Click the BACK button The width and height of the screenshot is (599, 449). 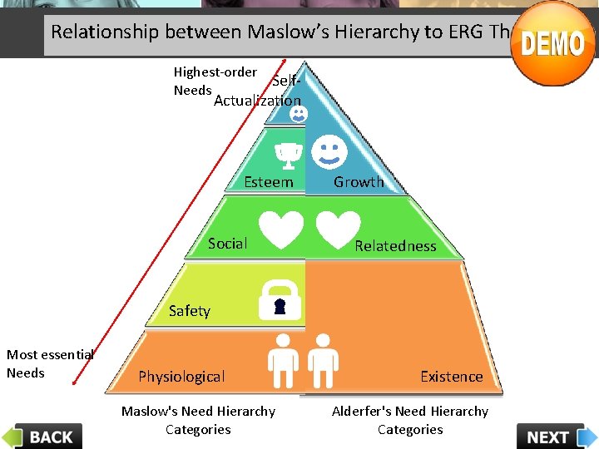coord(43,436)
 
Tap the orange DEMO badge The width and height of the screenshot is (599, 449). coord(552,43)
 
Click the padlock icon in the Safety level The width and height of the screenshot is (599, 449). coord(280,299)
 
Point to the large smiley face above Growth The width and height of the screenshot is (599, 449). coord(329,150)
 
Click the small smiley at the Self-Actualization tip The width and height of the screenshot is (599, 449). coord(298,112)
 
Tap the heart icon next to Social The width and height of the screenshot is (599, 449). coord(280,229)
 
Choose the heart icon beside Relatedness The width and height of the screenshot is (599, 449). coord(337,229)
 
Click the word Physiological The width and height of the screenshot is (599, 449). coord(181,377)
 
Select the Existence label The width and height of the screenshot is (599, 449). coord(451,377)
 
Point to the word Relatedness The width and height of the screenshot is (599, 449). coord(395,246)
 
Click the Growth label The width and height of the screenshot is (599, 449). coord(359,182)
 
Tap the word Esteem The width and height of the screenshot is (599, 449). coord(269,182)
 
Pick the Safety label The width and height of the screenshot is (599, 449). coord(190,311)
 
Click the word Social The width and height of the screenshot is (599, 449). coord(228,244)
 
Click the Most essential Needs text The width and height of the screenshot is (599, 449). coord(50,363)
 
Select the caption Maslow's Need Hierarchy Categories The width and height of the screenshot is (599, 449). coord(198,420)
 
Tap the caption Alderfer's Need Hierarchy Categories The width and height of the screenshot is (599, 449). coord(410,420)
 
